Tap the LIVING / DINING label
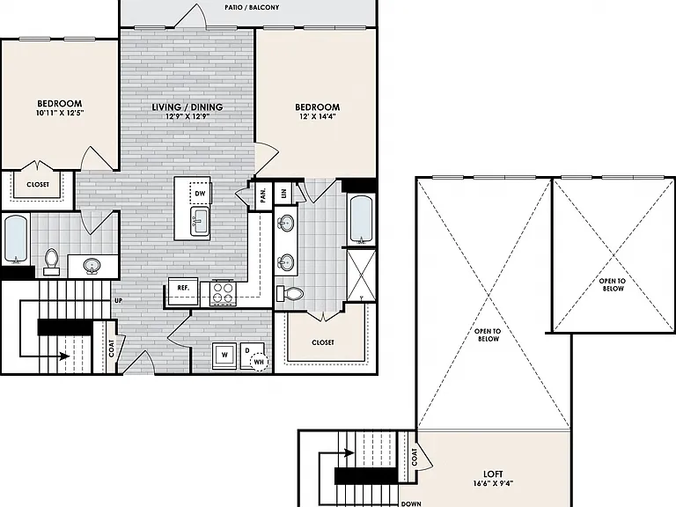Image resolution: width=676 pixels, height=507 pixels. pos(187,107)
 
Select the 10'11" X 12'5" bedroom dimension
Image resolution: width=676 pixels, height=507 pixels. pos(60,113)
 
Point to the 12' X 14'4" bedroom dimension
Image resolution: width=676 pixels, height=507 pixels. pos(317,116)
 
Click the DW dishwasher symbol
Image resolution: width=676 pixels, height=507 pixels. pos(200,194)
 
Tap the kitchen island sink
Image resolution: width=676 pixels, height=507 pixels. pos(200,221)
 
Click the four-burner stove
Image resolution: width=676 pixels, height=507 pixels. pos(224,293)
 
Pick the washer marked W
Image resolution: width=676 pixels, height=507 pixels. pos(224,356)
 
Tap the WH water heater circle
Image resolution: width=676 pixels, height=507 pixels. pos(259,362)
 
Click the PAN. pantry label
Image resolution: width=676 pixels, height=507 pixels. pos(263,195)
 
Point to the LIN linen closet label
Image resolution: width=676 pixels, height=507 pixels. pos(283,194)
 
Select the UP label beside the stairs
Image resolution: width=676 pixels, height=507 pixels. pos(118,300)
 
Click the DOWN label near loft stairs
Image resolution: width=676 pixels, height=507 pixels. pos(411,503)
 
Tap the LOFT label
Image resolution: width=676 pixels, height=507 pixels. pos(493,474)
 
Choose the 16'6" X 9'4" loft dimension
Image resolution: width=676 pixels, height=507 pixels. pos(493,483)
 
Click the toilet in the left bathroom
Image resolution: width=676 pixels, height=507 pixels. pos(51,261)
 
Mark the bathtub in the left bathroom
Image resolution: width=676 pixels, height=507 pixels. pos(16,239)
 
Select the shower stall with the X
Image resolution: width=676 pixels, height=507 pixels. pos(361,275)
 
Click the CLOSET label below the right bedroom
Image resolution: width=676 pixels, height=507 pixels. pos(322,342)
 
